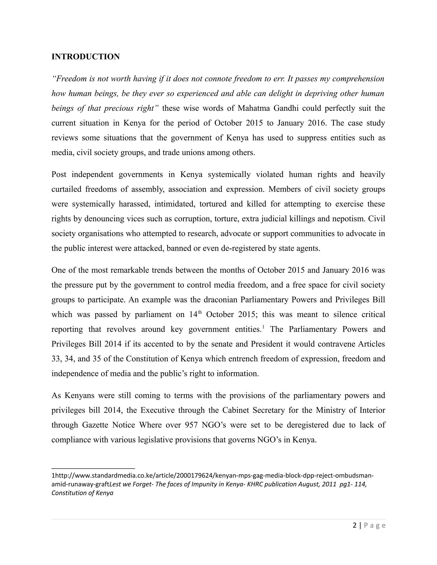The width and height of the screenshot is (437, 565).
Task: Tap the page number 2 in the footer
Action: [x=354, y=525]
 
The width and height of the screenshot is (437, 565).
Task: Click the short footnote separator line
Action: [x=93, y=468]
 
